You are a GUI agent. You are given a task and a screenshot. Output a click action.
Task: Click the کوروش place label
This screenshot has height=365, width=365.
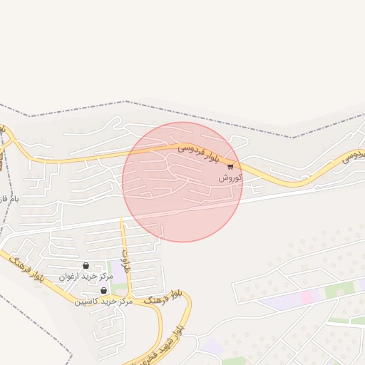point(232,177)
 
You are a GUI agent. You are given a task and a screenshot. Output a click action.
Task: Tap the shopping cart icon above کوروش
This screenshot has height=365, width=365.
point(230,166)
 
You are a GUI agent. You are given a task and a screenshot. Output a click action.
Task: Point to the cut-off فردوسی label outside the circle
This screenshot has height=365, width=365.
point(354,155)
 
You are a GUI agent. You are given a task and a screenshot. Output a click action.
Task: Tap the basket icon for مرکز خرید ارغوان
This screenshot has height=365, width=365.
point(86,266)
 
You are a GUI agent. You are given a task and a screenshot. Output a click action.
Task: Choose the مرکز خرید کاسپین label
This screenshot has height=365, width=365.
point(104,301)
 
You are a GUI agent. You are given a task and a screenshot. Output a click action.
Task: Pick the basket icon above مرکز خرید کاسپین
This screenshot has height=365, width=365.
point(104,291)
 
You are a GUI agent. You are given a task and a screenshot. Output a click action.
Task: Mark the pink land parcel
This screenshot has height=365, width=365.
point(307,297)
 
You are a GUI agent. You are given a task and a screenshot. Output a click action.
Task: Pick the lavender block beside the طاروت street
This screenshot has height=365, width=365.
point(118,275)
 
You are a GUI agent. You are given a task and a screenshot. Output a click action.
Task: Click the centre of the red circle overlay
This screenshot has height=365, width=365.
point(182,182)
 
